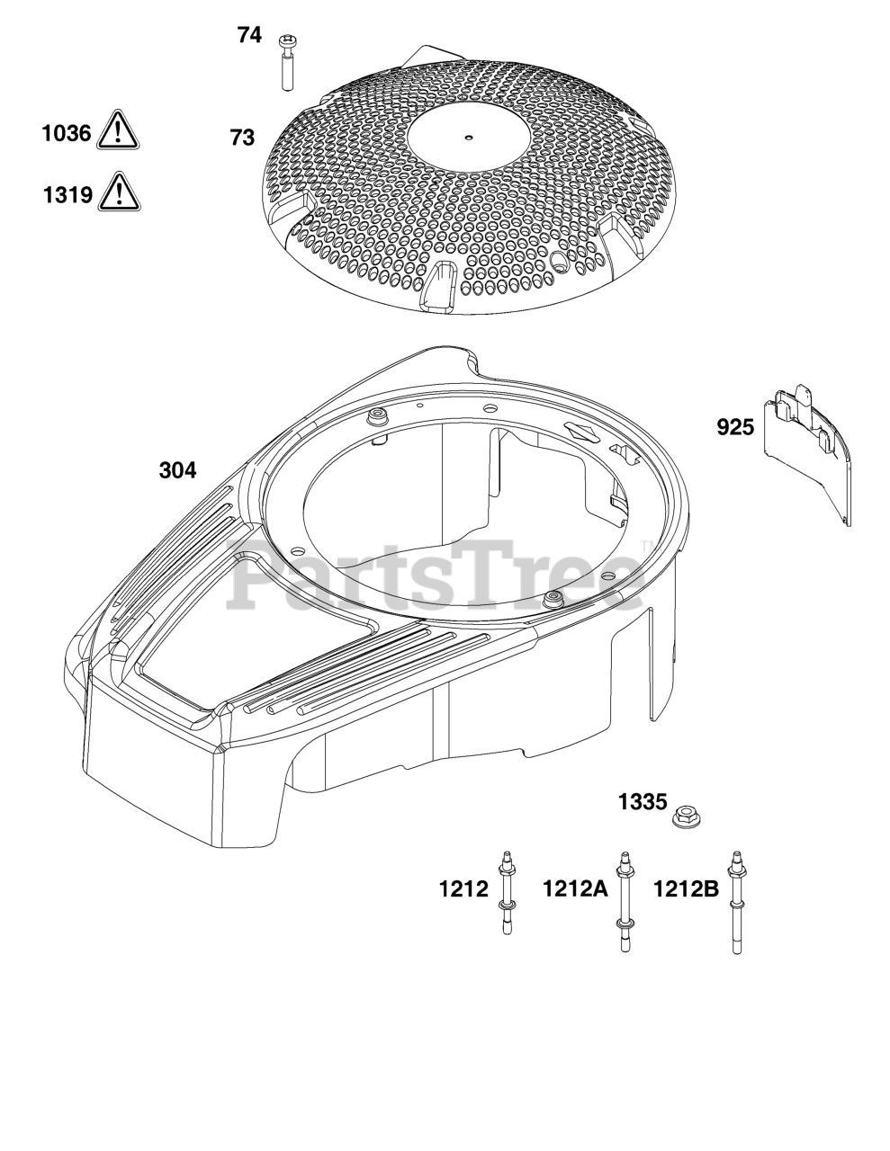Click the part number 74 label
[249, 36]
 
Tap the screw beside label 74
[288, 62]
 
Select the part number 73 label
[242, 138]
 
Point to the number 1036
[67, 134]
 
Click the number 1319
[67, 193]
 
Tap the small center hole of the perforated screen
[468, 138]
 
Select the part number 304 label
[177, 469]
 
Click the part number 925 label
[735, 427]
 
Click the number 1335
[643, 800]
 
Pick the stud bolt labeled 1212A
[622, 899]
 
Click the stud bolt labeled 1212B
[740, 899]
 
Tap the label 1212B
[686, 889]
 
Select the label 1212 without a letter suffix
[463, 889]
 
